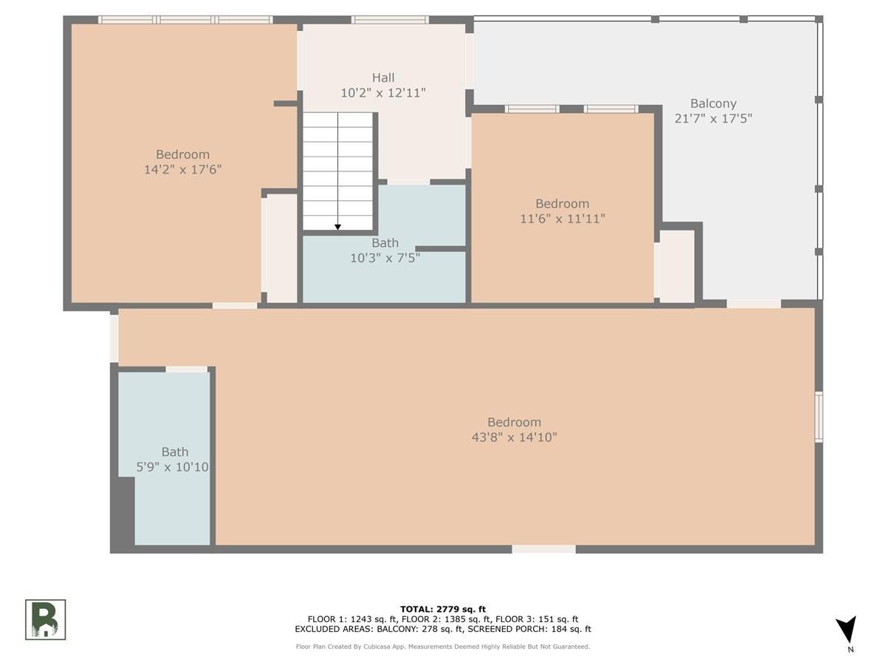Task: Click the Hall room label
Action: pyautogui.click(x=383, y=77)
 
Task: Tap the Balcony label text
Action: pyautogui.click(x=713, y=103)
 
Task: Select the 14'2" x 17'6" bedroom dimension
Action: pyautogui.click(x=183, y=169)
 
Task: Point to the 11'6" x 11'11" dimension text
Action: pyautogui.click(x=563, y=219)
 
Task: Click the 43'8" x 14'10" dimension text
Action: pyautogui.click(x=514, y=437)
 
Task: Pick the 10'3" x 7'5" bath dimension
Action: pyautogui.click(x=385, y=258)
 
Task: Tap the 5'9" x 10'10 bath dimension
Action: pyautogui.click(x=172, y=467)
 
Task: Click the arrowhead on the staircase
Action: pyautogui.click(x=338, y=228)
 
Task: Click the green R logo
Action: pyautogui.click(x=45, y=619)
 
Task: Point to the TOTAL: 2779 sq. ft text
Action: pyautogui.click(x=443, y=609)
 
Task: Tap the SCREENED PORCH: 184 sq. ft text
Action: pyautogui.click(x=529, y=629)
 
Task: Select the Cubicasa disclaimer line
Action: pyautogui.click(x=443, y=647)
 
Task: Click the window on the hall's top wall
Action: pyautogui.click(x=390, y=20)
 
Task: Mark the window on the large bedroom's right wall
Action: pyautogui.click(x=819, y=416)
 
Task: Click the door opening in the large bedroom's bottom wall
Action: pyautogui.click(x=543, y=549)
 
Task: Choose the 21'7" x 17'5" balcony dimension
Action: pyautogui.click(x=713, y=118)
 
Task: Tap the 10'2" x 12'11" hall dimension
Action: pyautogui.click(x=383, y=93)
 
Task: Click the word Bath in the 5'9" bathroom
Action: pyautogui.click(x=175, y=451)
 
